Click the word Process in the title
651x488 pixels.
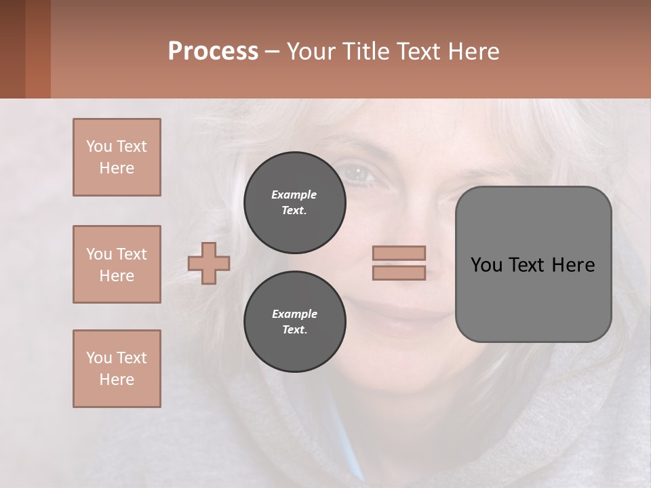click(213, 51)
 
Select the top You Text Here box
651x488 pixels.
click(117, 157)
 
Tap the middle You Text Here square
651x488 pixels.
click(117, 264)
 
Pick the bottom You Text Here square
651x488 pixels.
click(117, 369)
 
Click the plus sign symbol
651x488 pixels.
click(209, 263)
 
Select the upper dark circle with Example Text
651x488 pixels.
click(295, 202)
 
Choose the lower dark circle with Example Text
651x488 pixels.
click(295, 321)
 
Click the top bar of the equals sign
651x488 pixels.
click(399, 253)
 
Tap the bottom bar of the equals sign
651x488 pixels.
click(399, 272)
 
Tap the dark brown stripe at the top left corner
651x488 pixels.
click(12, 49)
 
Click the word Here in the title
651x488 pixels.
click(475, 51)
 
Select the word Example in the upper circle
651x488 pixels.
click(294, 195)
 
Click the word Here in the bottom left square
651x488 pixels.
click(117, 380)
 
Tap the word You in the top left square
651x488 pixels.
click(98, 146)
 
